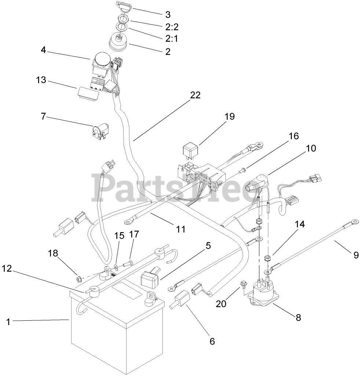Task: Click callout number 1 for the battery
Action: tap(9, 322)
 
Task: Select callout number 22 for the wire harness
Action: tap(195, 95)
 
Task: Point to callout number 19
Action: tap(229, 117)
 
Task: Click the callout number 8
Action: tap(298, 317)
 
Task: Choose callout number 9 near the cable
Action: tap(356, 255)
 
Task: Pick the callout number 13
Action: tap(41, 80)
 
